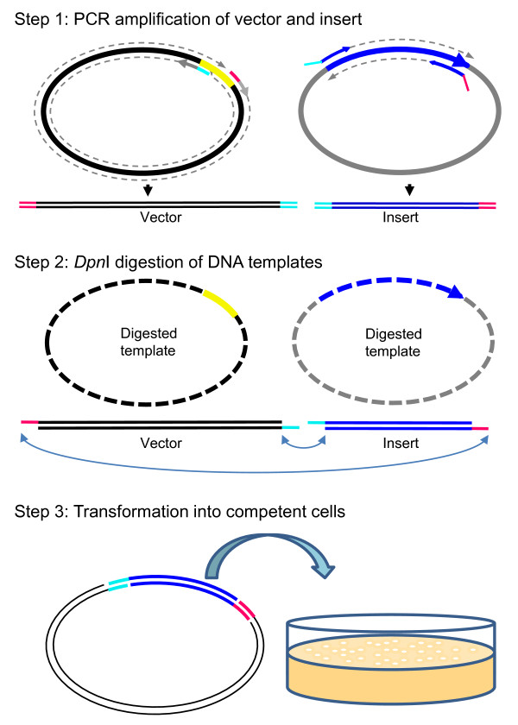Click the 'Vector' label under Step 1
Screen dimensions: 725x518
tap(161, 217)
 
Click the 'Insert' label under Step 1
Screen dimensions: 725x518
tap(401, 217)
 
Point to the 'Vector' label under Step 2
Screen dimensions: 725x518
tap(161, 444)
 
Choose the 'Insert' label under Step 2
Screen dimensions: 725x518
tap(401, 444)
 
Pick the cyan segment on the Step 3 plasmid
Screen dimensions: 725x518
tap(117, 584)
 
